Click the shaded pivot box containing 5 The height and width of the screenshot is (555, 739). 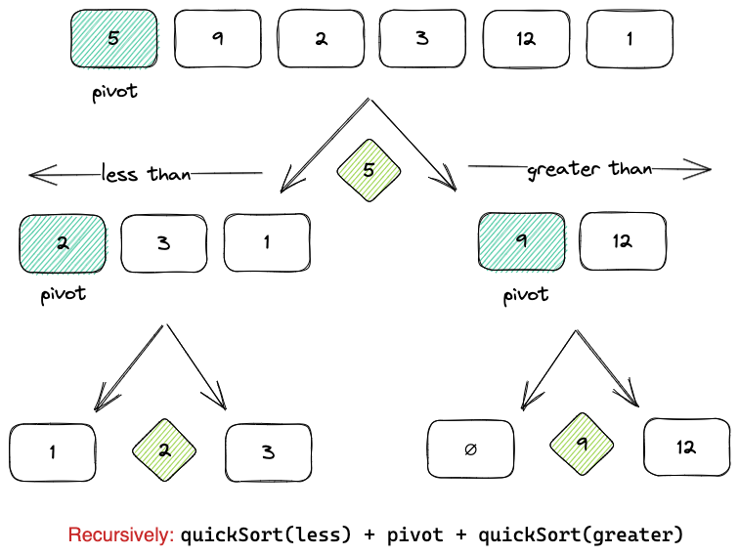113,39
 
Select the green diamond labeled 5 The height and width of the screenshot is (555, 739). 369,171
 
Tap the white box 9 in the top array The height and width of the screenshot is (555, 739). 216,39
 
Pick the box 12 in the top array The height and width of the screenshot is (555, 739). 526,39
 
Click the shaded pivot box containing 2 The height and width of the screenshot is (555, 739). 63,243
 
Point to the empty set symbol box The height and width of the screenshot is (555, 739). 471,448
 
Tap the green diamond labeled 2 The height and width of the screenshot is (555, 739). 164,450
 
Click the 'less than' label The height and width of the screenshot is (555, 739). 146,175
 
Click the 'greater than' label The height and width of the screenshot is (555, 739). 588,169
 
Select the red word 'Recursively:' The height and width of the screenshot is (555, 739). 121,534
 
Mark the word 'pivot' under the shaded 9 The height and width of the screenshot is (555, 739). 526,294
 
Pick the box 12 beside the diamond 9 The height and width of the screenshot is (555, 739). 686,448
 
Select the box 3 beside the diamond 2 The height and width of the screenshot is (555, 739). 269,452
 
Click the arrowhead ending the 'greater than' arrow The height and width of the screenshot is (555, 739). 703,169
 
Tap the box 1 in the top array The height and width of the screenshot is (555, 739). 630,39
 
